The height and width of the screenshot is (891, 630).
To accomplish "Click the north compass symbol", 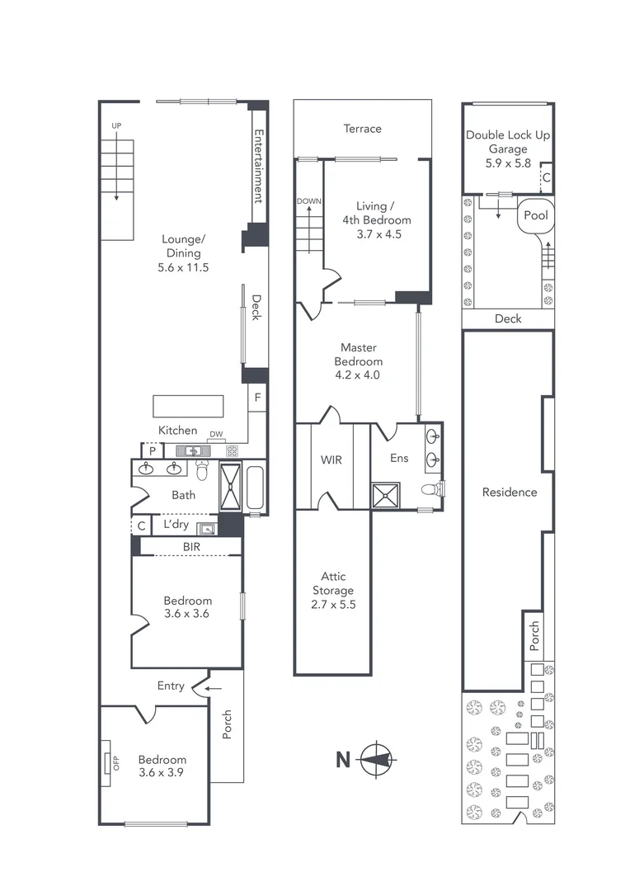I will (378, 759).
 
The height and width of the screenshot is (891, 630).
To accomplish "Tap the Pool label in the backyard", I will (538, 216).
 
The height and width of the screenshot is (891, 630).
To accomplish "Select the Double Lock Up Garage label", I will (507, 142).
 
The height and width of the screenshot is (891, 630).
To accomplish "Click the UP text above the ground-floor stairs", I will (116, 125).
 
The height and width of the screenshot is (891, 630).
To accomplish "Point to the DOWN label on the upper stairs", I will (309, 200).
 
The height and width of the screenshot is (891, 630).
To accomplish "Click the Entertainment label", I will (258, 166).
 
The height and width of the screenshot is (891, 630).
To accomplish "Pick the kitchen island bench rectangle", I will (188, 407).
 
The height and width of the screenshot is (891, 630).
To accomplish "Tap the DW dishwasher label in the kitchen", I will (216, 434).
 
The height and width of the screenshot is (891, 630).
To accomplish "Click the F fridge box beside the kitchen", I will (258, 398).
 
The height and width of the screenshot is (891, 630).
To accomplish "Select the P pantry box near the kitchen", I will (153, 450).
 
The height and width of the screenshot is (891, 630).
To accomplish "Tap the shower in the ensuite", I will (383, 495).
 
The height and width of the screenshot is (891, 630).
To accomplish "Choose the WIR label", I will (331, 460).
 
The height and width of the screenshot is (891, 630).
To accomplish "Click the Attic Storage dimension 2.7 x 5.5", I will (333, 604).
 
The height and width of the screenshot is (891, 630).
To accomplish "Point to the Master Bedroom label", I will (359, 355).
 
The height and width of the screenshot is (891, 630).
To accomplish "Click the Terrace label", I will (363, 129).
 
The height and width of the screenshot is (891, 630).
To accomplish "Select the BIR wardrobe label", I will (191, 546).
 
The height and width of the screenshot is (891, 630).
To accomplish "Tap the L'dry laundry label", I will (177, 525).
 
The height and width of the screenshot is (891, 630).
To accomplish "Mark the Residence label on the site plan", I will (509, 493).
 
